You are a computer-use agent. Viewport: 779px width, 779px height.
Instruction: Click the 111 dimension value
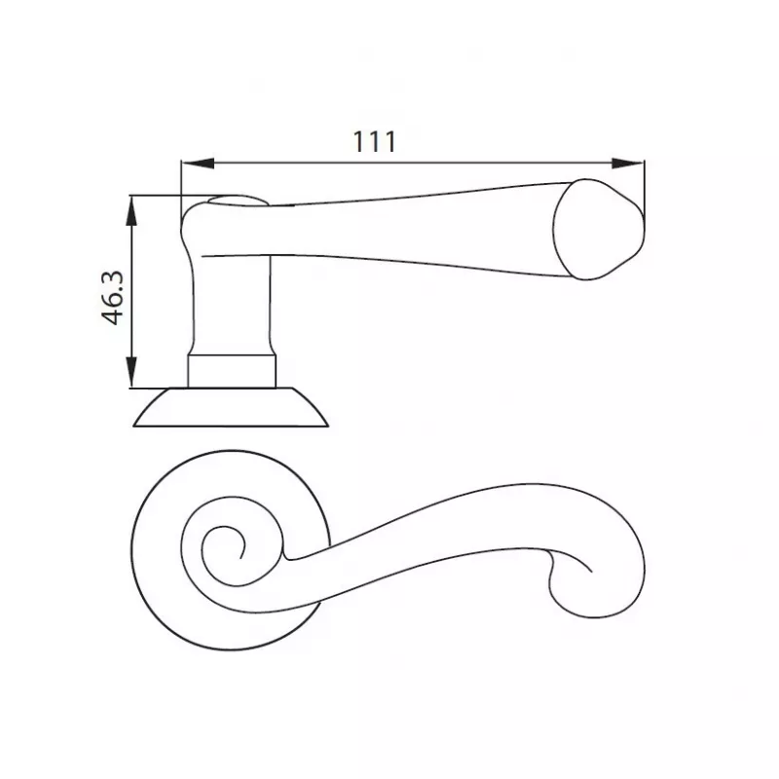click(x=375, y=141)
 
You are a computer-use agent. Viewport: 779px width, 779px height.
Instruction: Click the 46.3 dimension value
click(x=113, y=298)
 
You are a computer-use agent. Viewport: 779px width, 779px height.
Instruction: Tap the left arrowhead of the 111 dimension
click(x=198, y=164)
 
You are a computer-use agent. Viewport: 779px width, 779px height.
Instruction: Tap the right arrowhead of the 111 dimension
click(x=627, y=164)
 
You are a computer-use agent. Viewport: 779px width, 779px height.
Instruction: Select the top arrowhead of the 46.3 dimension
click(x=131, y=211)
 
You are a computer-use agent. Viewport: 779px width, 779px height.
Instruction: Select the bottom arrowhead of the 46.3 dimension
click(x=131, y=372)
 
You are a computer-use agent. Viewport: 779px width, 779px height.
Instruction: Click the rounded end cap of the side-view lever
click(x=599, y=230)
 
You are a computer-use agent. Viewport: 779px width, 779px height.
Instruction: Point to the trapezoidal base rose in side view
click(x=231, y=407)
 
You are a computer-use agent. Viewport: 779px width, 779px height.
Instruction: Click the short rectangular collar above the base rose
click(x=232, y=371)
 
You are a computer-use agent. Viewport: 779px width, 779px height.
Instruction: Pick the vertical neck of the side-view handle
click(x=232, y=303)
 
